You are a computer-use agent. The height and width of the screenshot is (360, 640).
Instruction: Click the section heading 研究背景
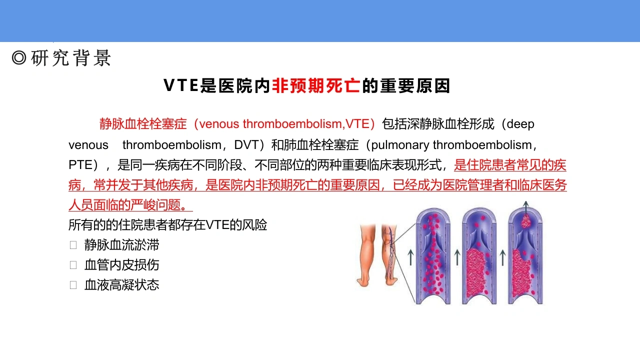click(x=70, y=58)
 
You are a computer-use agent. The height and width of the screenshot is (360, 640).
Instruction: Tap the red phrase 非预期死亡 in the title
click(x=316, y=85)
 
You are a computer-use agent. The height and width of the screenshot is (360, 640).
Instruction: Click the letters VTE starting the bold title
click(x=181, y=85)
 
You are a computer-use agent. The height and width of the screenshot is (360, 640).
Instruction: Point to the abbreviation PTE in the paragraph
click(x=80, y=165)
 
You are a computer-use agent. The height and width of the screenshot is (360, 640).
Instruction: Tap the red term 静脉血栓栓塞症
click(x=143, y=124)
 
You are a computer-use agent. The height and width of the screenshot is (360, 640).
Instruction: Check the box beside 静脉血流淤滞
click(x=73, y=245)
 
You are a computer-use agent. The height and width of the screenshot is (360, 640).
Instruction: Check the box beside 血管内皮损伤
click(x=73, y=265)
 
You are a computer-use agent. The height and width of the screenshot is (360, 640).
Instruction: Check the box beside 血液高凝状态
click(x=73, y=285)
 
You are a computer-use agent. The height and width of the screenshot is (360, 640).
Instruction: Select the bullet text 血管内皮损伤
click(x=121, y=265)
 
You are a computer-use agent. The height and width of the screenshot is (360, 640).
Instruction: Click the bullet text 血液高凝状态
click(x=121, y=285)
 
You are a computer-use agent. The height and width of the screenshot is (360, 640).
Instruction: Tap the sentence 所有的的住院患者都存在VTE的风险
click(x=167, y=225)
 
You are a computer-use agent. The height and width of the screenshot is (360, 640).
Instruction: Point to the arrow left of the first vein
click(x=410, y=257)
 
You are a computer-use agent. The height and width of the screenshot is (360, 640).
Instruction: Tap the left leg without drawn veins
click(x=366, y=255)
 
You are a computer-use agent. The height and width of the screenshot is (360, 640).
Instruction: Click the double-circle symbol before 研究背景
click(x=19, y=58)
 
